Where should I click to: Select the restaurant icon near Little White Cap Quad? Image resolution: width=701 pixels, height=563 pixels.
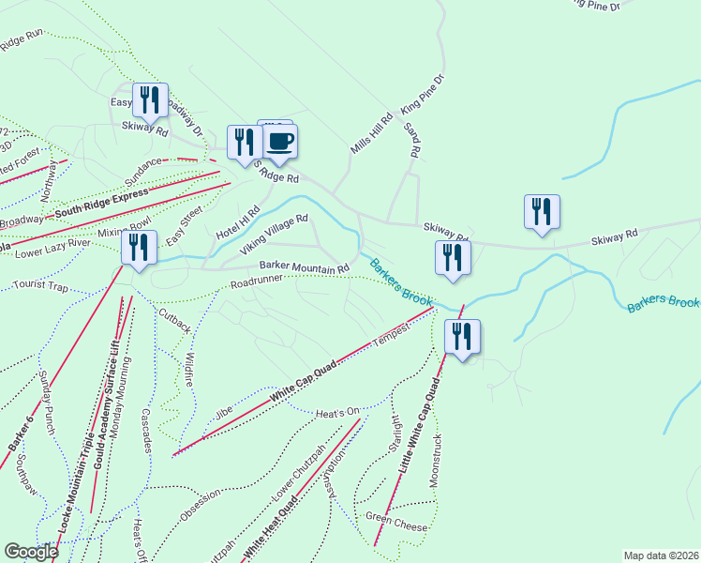click(x=461, y=337)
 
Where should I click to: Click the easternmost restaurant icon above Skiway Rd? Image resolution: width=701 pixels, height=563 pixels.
click(x=542, y=211)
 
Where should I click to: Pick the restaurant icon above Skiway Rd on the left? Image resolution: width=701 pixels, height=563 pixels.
click(x=150, y=100)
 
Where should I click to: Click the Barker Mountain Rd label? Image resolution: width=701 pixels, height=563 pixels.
click(x=304, y=266)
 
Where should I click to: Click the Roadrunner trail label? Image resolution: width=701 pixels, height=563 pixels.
click(x=257, y=281)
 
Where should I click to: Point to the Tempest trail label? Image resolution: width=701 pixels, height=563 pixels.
click(x=393, y=336)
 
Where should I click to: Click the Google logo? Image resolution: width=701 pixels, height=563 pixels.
click(x=31, y=552)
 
